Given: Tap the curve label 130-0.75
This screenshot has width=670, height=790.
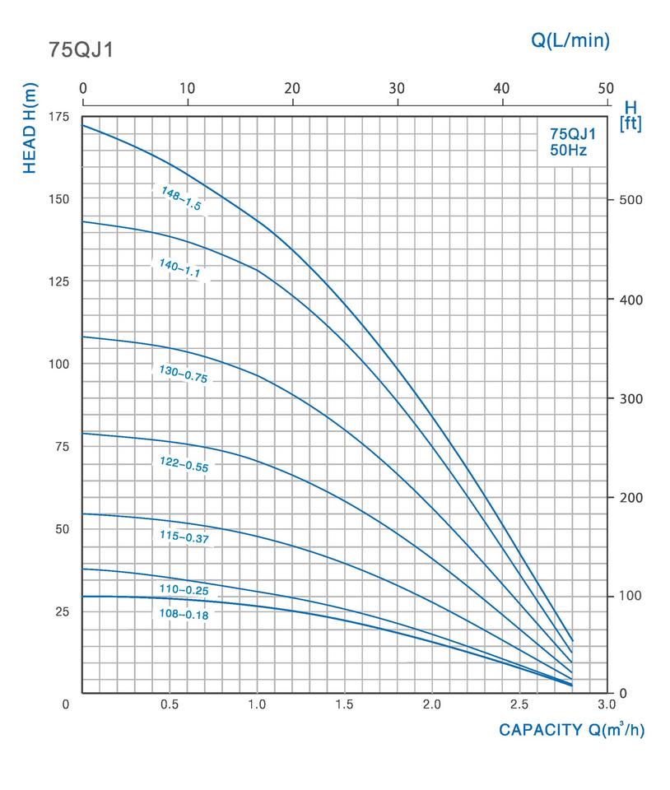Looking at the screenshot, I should (x=184, y=374).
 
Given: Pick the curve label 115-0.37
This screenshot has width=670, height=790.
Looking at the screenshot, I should (x=183, y=537).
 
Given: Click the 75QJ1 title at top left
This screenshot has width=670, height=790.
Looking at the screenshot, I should (x=81, y=50).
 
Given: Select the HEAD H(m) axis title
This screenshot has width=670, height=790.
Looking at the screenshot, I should (x=30, y=128).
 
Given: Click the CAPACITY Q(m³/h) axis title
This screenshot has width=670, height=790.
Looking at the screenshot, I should (x=571, y=730).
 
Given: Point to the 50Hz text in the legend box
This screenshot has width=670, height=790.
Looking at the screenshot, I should (x=567, y=150).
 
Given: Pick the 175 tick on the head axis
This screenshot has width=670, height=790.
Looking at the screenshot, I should (x=58, y=117).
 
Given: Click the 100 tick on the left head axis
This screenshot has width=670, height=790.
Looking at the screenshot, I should (x=58, y=364).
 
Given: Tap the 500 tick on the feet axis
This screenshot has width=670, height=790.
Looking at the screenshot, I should (x=630, y=200).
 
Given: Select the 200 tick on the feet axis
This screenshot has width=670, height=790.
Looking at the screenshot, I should (x=630, y=498).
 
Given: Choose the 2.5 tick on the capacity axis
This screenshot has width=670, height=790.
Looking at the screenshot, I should (x=519, y=705).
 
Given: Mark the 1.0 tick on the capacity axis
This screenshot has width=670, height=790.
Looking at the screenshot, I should (x=257, y=705).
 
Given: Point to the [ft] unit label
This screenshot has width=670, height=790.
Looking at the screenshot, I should (x=630, y=124).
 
